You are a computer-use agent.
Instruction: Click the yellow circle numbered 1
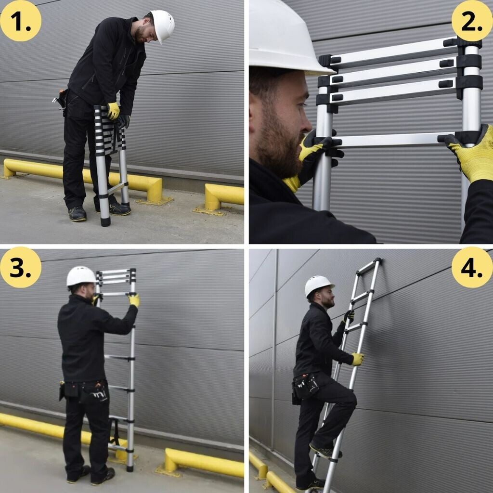tap(21, 21)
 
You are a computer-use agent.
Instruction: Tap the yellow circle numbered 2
tap(472, 21)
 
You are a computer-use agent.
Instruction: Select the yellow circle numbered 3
tap(21, 267)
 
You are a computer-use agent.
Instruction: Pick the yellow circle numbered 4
tap(472, 267)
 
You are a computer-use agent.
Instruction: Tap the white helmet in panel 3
tap(81, 276)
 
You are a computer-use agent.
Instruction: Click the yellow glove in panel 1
tap(113, 111)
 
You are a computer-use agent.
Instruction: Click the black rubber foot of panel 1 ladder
tap(105, 221)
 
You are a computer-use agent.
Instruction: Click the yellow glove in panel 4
tap(358, 359)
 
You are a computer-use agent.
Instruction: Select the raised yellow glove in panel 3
tap(135, 300)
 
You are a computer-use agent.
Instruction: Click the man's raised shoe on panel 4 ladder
tap(325, 451)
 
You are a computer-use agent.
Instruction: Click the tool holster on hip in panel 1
tap(61, 99)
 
